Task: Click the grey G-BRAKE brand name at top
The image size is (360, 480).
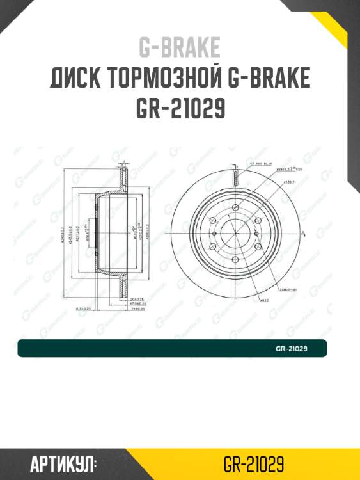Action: (180, 47)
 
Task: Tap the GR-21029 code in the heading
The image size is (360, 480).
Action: (180, 109)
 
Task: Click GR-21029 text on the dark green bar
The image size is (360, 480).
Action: (292, 349)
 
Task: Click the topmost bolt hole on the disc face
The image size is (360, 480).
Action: (235, 208)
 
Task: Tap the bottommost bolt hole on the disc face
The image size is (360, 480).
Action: (235, 260)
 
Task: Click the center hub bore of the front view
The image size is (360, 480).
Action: (235, 234)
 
